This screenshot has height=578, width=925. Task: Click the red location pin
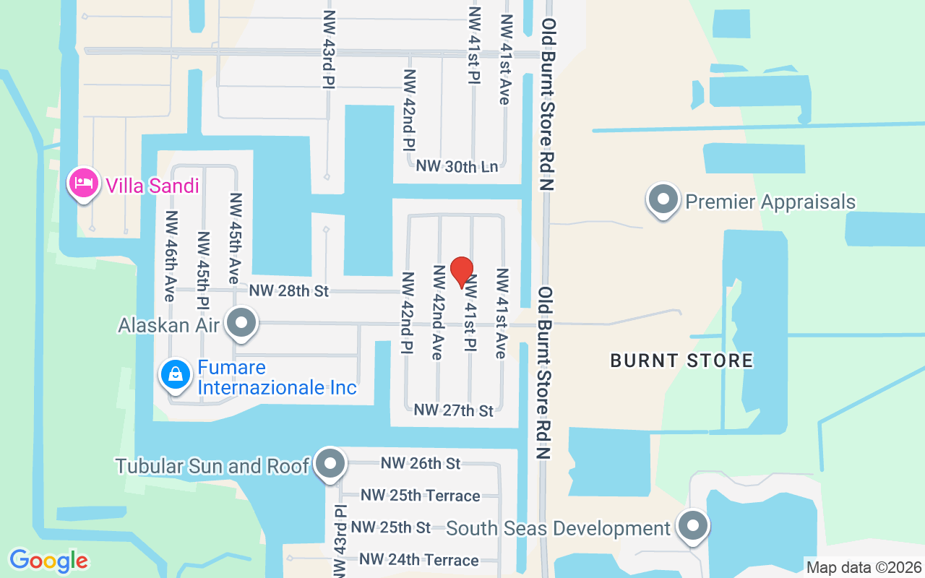pos(462,272)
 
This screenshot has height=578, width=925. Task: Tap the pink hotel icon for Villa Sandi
pos(83,184)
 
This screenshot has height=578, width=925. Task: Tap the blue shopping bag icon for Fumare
pos(176,374)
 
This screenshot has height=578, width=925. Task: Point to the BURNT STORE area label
pos(681,360)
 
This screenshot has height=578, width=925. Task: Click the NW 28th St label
pos(289,290)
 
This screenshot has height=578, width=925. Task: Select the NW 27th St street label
pos(453,410)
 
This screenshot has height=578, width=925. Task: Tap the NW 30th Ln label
pos(457,166)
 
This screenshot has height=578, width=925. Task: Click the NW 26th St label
pos(421,463)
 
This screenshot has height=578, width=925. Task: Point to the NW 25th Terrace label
pos(420,496)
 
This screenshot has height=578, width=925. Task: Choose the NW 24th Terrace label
pos(418,560)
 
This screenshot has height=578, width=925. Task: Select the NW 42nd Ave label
pos(437,311)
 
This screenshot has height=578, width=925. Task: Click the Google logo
pos(48,561)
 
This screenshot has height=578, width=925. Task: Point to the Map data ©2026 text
pos(864,567)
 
